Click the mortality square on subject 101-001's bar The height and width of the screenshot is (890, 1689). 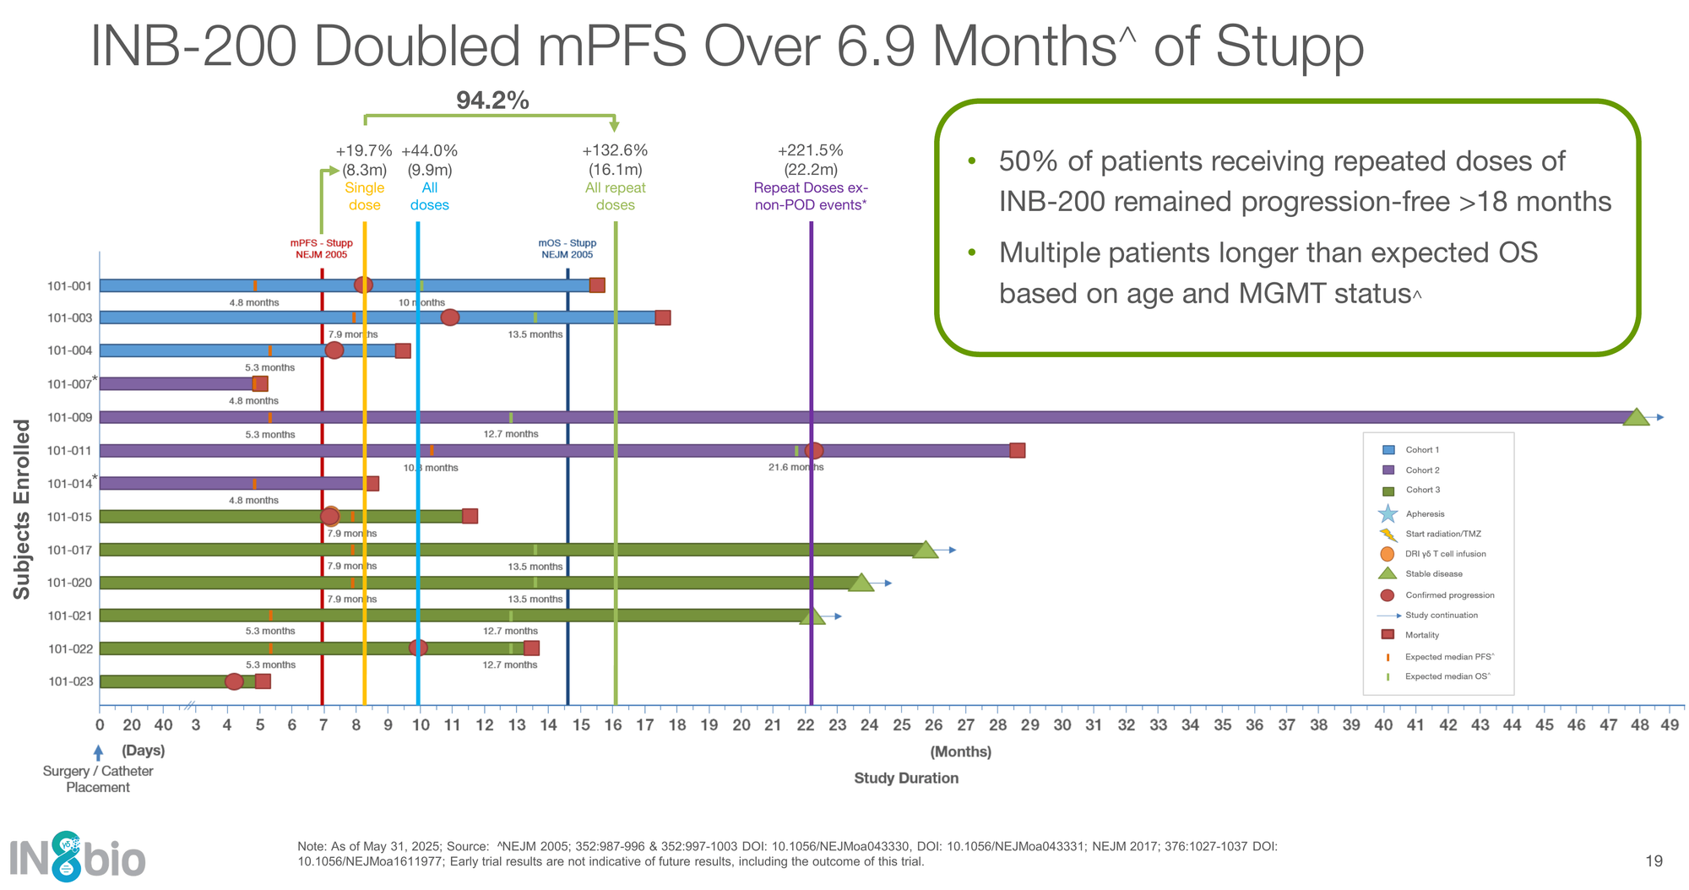pyautogui.click(x=597, y=285)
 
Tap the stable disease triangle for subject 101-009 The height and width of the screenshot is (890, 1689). pyautogui.click(x=1637, y=417)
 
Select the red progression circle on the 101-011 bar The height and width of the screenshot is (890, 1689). pyautogui.click(x=813, y=451)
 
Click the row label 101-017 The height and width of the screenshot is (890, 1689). pyautogui.click(x=70, y=550)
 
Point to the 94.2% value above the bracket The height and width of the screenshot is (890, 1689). pyautogui.click(x=492, y=101)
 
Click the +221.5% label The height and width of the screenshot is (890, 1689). pyautogui.click(x=810, y=150)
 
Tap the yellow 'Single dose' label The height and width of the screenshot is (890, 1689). pyautogui.click(x=364, y=196)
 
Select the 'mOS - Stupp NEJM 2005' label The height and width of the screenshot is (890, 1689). pyautogui.click(x=568, y=248)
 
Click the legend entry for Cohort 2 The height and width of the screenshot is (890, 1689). pyautogui.click(x=1422, y=470)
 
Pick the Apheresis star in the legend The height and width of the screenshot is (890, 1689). pyautogui.click(x=1388, y=513)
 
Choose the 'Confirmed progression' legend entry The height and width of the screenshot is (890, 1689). pyautogui.click(x=1449, y=595)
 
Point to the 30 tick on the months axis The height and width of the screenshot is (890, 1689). pyautogui.click(x=1062, y=725)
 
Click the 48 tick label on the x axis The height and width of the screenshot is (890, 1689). pyautogui.click(x=1639, y=725)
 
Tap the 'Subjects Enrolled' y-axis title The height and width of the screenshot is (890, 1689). pyautogui.click(x=22, y=509)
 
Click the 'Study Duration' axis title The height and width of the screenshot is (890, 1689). pyautogui.click(x=906, y=778)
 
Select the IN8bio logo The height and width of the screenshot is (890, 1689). pyautogui.click(x=78, y=857)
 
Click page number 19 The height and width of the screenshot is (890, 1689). pyautogui.click(x=1654, y=860)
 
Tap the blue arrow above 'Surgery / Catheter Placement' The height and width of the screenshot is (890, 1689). pyautogui.click(x=99, y=752)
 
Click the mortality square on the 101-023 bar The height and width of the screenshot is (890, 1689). pyautogui.click(x=263, y=681)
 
